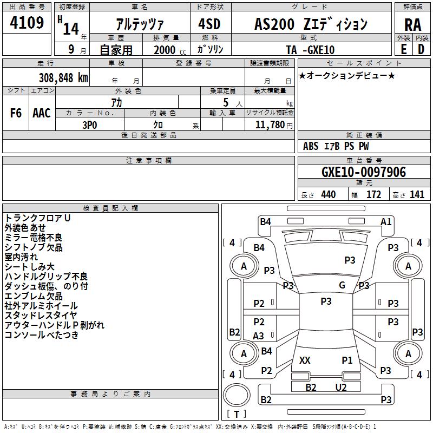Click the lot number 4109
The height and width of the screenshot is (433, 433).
pos(27,23)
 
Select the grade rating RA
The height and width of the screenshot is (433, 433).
pos(412,25)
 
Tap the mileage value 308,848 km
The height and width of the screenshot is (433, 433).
pos(63,78)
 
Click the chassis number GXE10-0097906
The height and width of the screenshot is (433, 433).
pos(364,172)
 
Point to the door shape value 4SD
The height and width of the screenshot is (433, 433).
pos(209,24)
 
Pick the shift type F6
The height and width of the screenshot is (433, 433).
pos(16,113)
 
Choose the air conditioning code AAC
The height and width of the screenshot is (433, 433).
pos(42,113)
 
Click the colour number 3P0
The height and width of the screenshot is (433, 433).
pos(90,125)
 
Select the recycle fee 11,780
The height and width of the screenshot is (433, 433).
pos(270,125)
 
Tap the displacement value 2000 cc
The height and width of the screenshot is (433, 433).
pos(170,50)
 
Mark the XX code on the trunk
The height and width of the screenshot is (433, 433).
pos(305,360)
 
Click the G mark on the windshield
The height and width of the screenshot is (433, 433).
pos(342,285)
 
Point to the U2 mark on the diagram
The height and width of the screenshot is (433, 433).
pos(341,388)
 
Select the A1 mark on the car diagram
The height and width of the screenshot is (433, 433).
pos(386,222)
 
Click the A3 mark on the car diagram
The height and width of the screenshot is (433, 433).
pos(258,336)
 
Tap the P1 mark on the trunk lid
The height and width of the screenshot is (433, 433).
pos(347,360)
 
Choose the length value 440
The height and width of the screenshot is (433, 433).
pos(329,195)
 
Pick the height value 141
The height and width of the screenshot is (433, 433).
pos(417,195)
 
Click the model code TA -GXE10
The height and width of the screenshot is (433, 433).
pos(310,50)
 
